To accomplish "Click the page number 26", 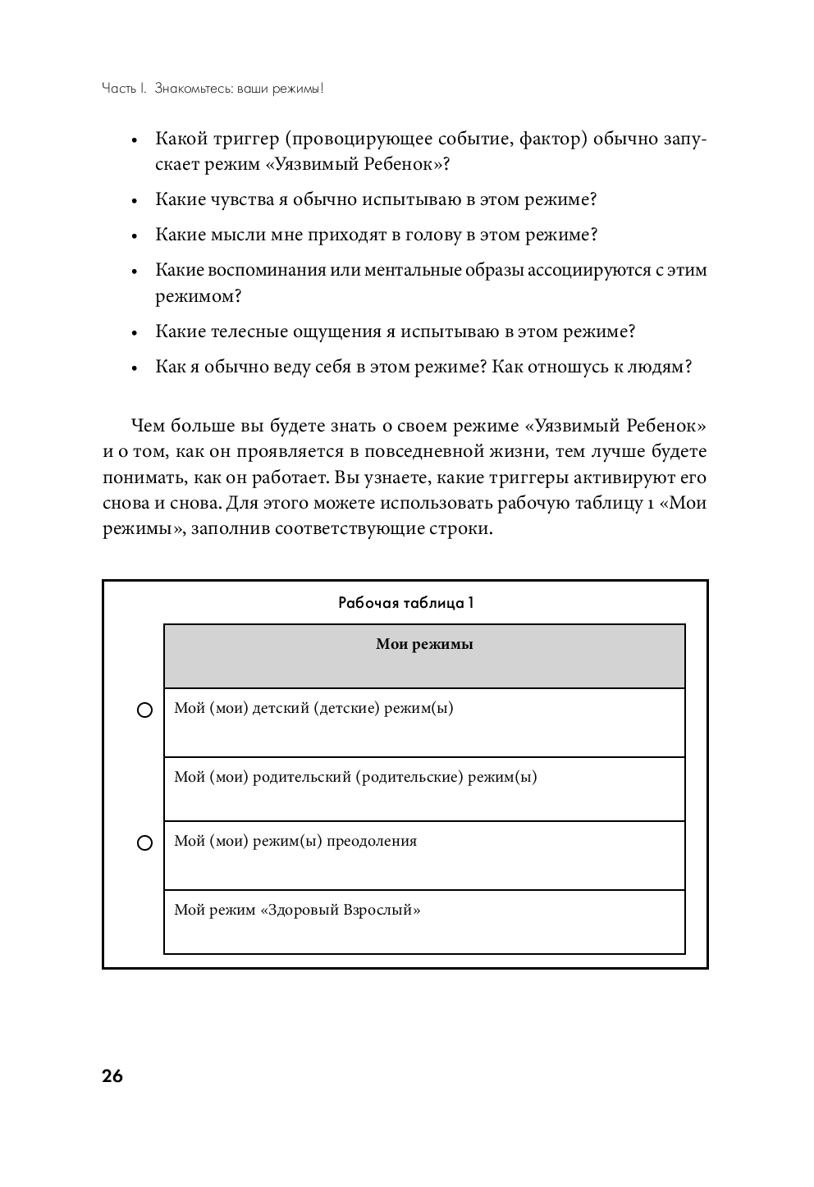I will point(112,1076).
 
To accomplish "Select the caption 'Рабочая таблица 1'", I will point(406,603).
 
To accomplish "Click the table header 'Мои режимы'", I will point(424,644).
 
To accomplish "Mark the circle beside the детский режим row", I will point(144,710).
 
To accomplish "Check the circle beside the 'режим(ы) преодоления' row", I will point(144,843).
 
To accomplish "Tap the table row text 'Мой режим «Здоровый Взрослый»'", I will point(297,910).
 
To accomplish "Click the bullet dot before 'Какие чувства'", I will point(133,201).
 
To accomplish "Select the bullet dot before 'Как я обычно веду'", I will point(133,368).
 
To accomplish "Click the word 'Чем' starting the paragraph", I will point(146,426).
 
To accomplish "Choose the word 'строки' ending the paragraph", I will point(466,529).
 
